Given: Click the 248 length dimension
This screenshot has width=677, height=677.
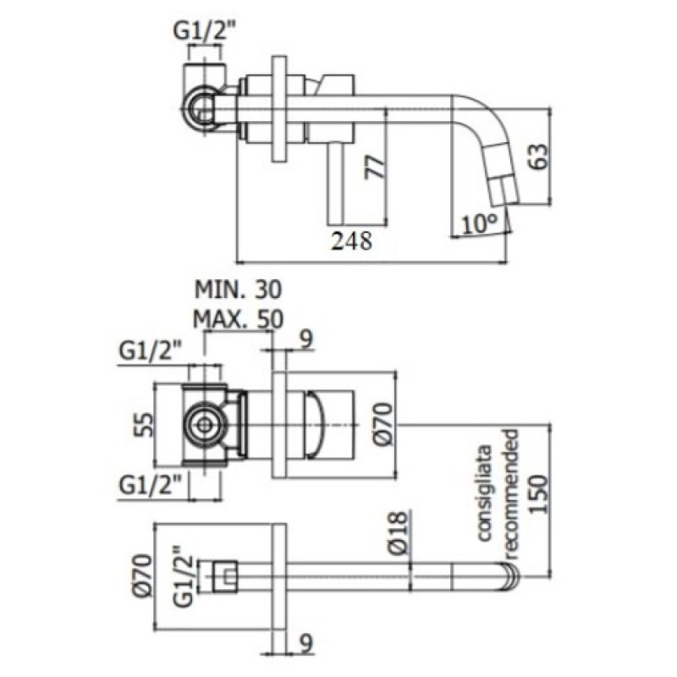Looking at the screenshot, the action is [x=351, y=241].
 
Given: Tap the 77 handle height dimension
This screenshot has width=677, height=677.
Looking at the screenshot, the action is [x=375, y=167].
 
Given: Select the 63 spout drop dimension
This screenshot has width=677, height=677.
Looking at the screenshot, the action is [x=538, y=157].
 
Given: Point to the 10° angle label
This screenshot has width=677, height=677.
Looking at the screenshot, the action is [x=479, y=224].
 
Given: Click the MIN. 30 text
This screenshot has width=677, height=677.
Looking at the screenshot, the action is [x=238, y=289].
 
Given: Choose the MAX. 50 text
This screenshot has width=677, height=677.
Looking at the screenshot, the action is [x=238, y=320].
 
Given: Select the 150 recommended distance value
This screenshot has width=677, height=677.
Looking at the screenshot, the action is [x=538, y=494].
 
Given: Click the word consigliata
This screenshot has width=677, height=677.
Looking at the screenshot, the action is [x=484, y=493].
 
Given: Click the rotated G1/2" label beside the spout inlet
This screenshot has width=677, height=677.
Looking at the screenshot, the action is [x=183, y=576].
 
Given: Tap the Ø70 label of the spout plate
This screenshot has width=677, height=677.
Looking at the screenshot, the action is [x=143, y=575].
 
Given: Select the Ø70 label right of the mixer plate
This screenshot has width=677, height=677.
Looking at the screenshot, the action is [x=383, y=424].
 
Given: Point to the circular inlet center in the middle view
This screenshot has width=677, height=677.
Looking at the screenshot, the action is [x=204, y=426].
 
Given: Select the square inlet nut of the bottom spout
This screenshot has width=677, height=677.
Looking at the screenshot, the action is [x=225, y=577].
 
